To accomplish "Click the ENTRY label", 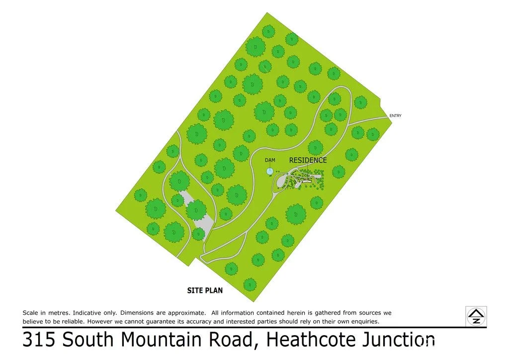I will click(x=396, y=116).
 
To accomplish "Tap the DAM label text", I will click(x=270, y=160).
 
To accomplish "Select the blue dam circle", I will click(x=269, y=171).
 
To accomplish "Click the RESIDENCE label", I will click(x=308, y=160).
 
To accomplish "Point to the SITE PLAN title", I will click(x=205, y=290).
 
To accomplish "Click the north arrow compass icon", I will click(x=476, y=316).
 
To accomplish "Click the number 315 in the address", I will click(x=39, y=340).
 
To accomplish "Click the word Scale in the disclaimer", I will click(x=30, y=313).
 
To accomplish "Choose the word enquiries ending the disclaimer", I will click(x=363, y=321).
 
